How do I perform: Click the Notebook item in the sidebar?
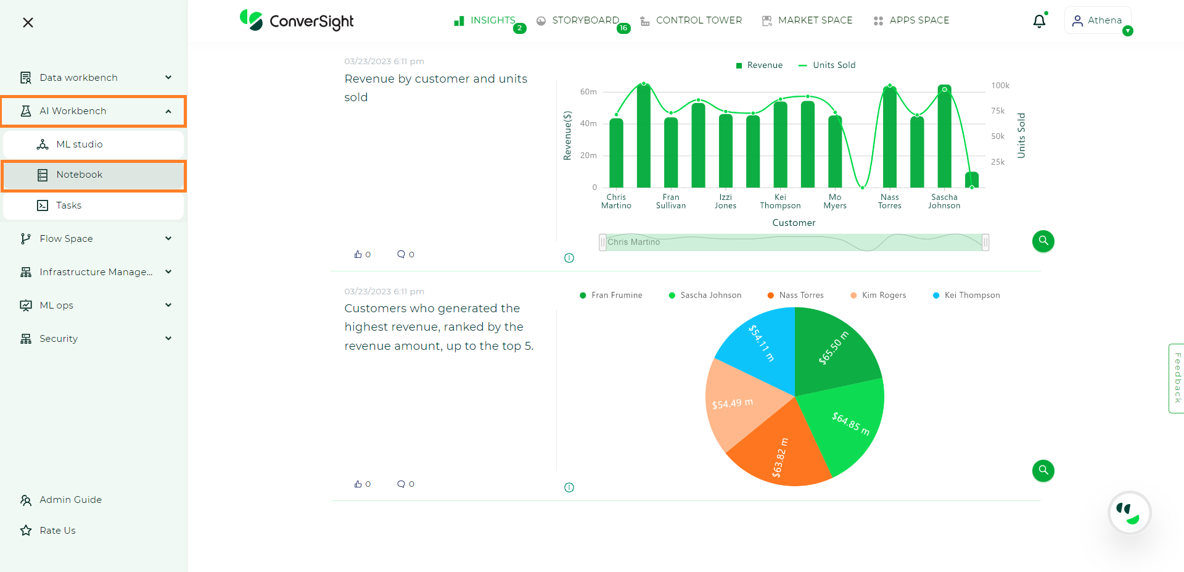(x=80, y=175)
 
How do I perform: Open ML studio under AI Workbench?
(x=80, y=144)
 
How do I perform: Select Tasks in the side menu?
(x=68, y=205)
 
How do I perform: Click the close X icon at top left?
(x=28, y=23)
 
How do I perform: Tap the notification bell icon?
(x=1039, y=21)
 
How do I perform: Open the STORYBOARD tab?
(x=585, y=20)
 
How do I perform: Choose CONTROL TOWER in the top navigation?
(x=698, y=20)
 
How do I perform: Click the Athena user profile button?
(x=1097, y=20)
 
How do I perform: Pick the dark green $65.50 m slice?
(x=836, y=349)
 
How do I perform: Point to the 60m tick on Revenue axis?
(x=588, y=92)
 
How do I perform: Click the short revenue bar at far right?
(x=972, y=180)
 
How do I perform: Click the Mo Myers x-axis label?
(x=835, y=202)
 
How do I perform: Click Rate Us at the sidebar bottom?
(x=57, y=531)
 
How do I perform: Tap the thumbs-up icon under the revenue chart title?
(x=358, y=254)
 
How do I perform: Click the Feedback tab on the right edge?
(x=1177, y=378)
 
